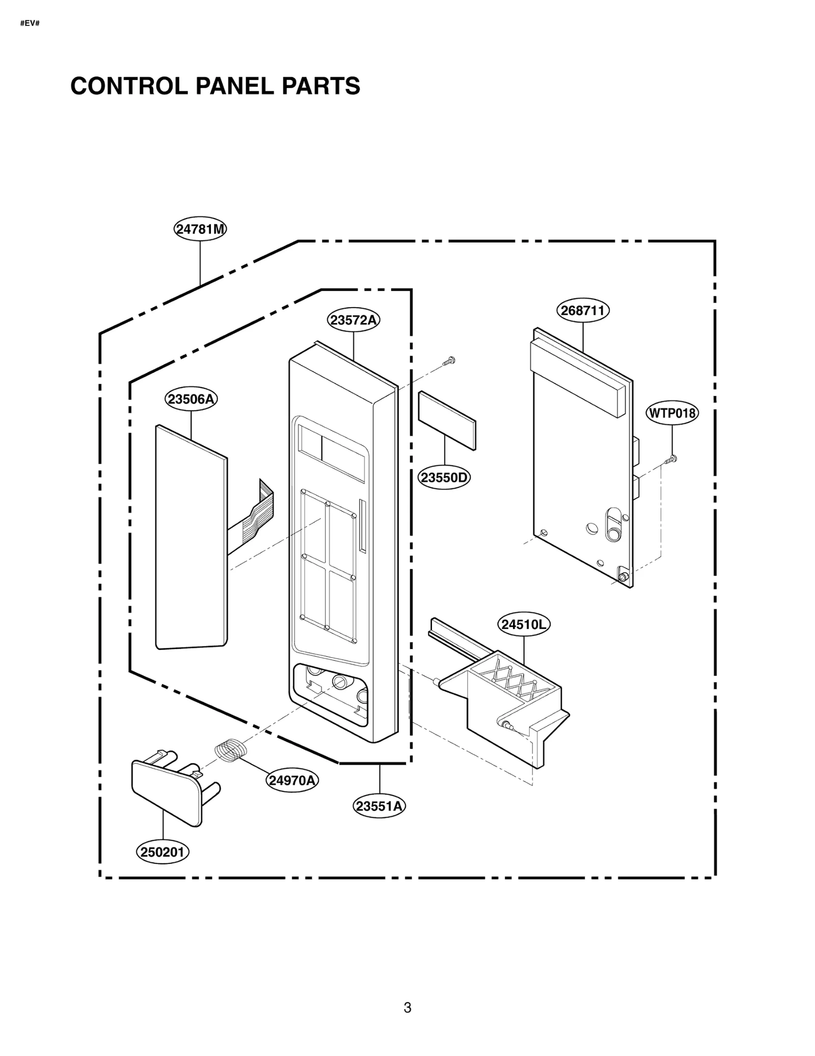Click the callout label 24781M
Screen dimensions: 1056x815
pos(200,229)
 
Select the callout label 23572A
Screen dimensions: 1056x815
pos(353,320)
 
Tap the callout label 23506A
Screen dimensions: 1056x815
pos(191,399)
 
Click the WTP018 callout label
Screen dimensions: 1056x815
pos(672,413)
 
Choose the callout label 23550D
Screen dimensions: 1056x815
pos(444,478)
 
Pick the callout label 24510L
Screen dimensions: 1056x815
pos(524,625)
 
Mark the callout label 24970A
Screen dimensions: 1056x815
pos(292,780)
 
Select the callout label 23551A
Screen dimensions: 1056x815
pos(379,806)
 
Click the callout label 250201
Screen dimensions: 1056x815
pos(162,852)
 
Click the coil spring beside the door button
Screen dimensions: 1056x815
pos(230,750)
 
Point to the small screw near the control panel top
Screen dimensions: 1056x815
pos(449,361)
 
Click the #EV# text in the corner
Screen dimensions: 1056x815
pos(30,24)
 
